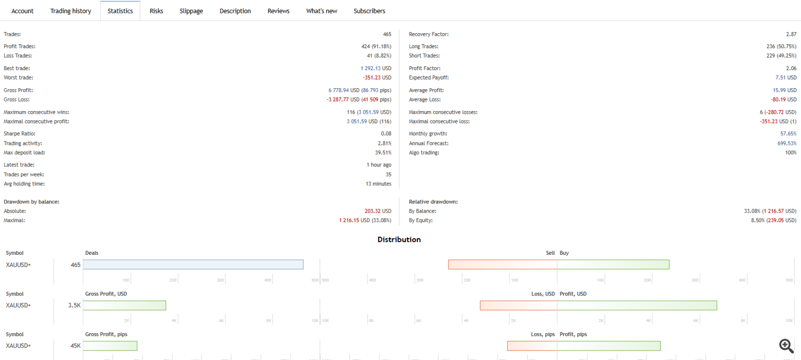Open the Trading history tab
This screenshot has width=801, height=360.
(x=70, y=11)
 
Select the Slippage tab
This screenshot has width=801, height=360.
(x=191, y=11)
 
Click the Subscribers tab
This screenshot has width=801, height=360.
(x=370, y=11)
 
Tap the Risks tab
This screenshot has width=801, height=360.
(x=156, y=11)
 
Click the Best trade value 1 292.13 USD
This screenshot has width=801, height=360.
(x=376, y=68)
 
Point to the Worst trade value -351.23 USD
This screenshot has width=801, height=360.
(x=377, y=77)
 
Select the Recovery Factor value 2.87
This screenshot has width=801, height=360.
(x=791, y=34)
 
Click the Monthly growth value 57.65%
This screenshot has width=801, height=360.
(x=788, y=134)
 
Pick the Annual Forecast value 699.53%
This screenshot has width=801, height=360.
(x=787, y=143)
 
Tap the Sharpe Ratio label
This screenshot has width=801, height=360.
(x=20, y=134)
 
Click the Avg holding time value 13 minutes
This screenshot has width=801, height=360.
(x=378, y=184)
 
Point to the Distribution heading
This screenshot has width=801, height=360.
(x=399, y=239)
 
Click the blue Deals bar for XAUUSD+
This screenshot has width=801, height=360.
(x=193, y=264)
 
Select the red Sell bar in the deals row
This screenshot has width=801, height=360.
(x=502, y=264)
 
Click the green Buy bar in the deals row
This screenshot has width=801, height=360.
(x=613, y=264)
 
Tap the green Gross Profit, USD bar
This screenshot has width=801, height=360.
(x=124, y=306)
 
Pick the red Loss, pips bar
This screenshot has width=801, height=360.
(x=532, y=346)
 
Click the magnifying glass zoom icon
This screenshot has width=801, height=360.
(x=787, y=346)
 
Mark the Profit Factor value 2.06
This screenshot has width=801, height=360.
(x=791, y=68)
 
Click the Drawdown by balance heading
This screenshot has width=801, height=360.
(x=32, y=201)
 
